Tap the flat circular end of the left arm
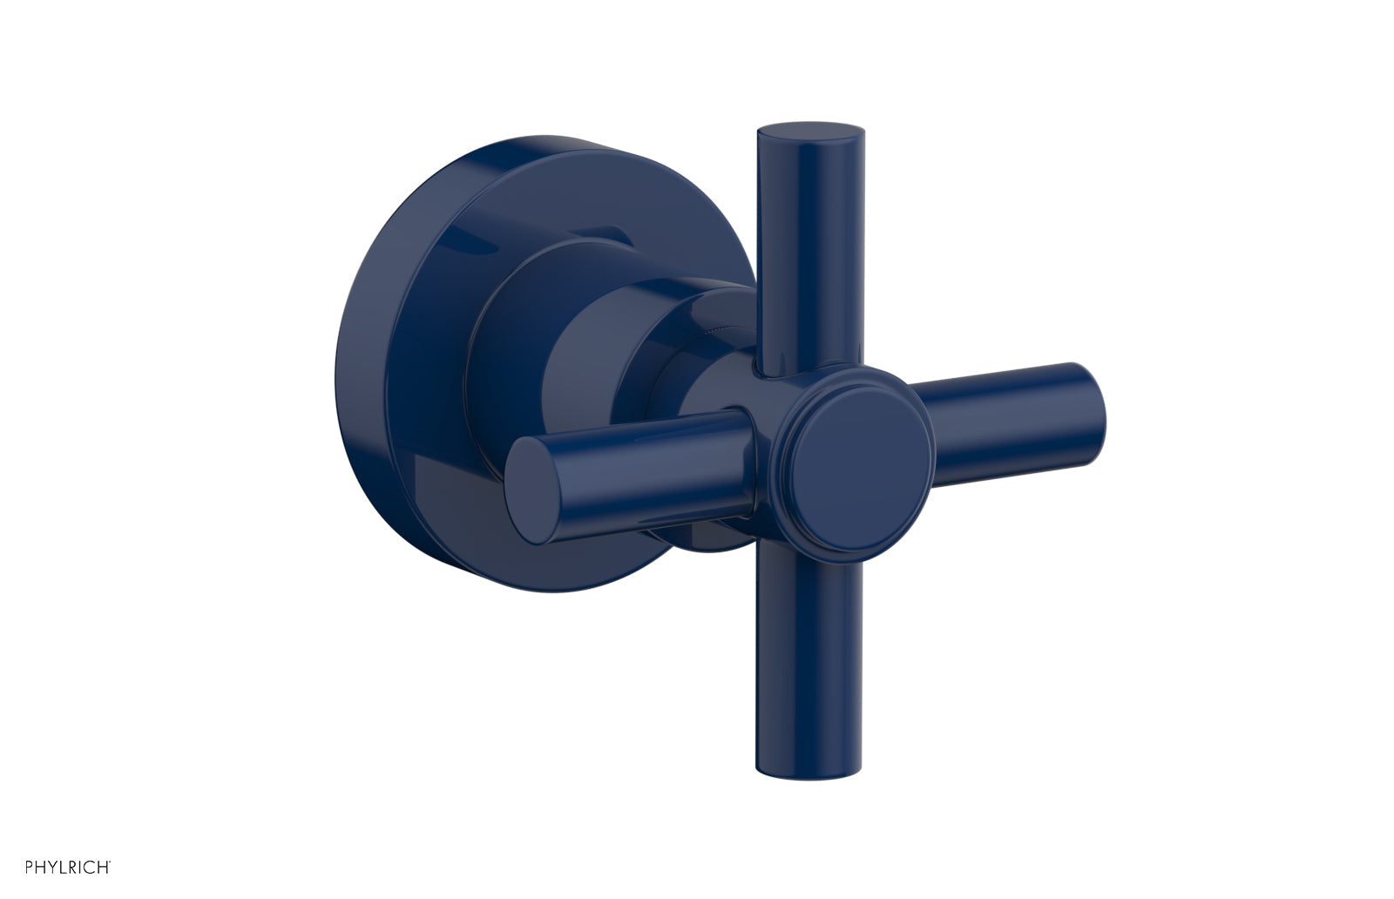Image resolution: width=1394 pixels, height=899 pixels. tap(533, 489)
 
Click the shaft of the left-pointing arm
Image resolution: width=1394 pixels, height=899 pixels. tap(662, 466)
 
